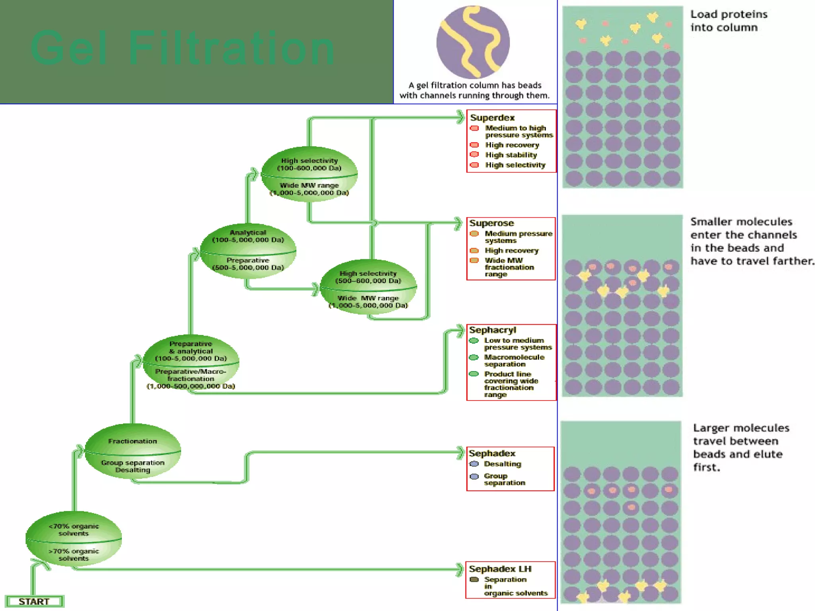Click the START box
[34, 601]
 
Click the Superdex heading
[492, 118]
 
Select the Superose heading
[491, 223]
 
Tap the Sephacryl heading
[492, 330]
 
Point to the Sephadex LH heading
[500, 569]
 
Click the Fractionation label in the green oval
[133, 441]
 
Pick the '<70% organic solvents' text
[74, 530]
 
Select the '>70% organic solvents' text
[74, 555]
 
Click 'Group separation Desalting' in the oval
[133, 466]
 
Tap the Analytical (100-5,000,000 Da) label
[248, 236]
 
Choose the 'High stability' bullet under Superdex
[511, 155]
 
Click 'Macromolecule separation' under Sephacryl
[514, 360]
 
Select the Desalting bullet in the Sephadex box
[502, 464]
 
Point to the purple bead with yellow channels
[473, 42]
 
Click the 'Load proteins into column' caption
[729, 21]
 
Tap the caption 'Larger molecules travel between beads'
[741, 447]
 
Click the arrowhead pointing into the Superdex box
[461, 117]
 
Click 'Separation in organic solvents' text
[515, 586]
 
